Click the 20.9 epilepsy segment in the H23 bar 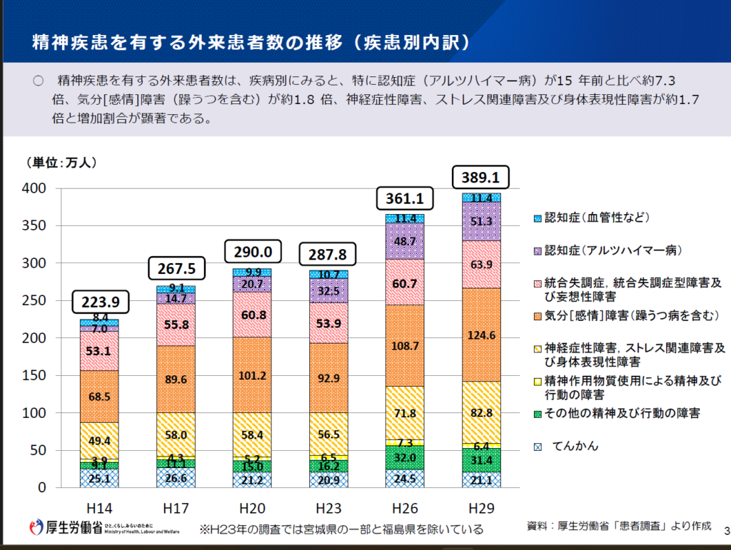click(328, 479)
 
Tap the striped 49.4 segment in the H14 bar click(100, 440)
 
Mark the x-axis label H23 click(328, 507)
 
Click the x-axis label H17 click(176, 507)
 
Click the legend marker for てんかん click(538, 447)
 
